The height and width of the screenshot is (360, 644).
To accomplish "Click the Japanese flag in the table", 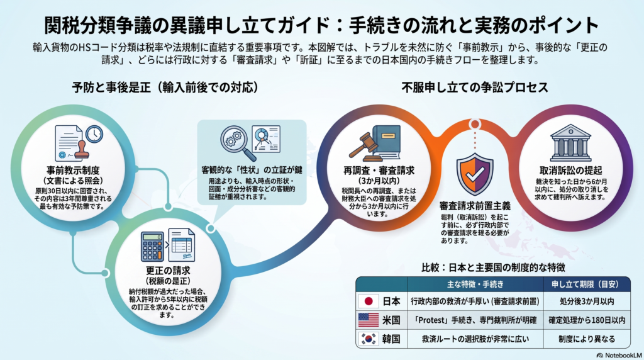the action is [369, 301].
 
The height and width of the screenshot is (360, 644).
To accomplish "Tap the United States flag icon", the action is [369, 320].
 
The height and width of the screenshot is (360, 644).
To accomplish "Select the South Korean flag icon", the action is [369, 339].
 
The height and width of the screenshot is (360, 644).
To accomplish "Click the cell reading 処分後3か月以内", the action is [587, 301].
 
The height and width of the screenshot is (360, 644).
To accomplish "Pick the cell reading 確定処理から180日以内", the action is [587, 320].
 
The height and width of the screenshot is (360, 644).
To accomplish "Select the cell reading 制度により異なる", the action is [587, 339].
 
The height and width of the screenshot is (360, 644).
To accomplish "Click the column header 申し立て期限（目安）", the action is [587, 284].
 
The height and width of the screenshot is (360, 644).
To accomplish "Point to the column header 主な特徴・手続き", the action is [475, 284].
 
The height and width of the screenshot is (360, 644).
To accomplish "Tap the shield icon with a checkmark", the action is [475, 174].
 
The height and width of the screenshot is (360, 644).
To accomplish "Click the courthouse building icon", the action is [570, 143].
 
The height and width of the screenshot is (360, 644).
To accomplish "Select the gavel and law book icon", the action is [375, 143].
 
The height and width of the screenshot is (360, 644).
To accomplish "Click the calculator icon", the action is [152, 247].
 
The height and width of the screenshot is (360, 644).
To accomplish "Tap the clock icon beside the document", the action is [94, 134].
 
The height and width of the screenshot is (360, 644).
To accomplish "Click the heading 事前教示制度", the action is [73, 170].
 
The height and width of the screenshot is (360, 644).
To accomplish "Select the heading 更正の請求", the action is [168, 271].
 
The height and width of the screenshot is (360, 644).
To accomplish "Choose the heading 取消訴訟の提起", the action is [570, 170].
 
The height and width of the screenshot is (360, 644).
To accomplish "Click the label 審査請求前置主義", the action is [475, 205].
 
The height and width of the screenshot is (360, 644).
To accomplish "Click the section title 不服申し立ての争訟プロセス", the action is [475, 87].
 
